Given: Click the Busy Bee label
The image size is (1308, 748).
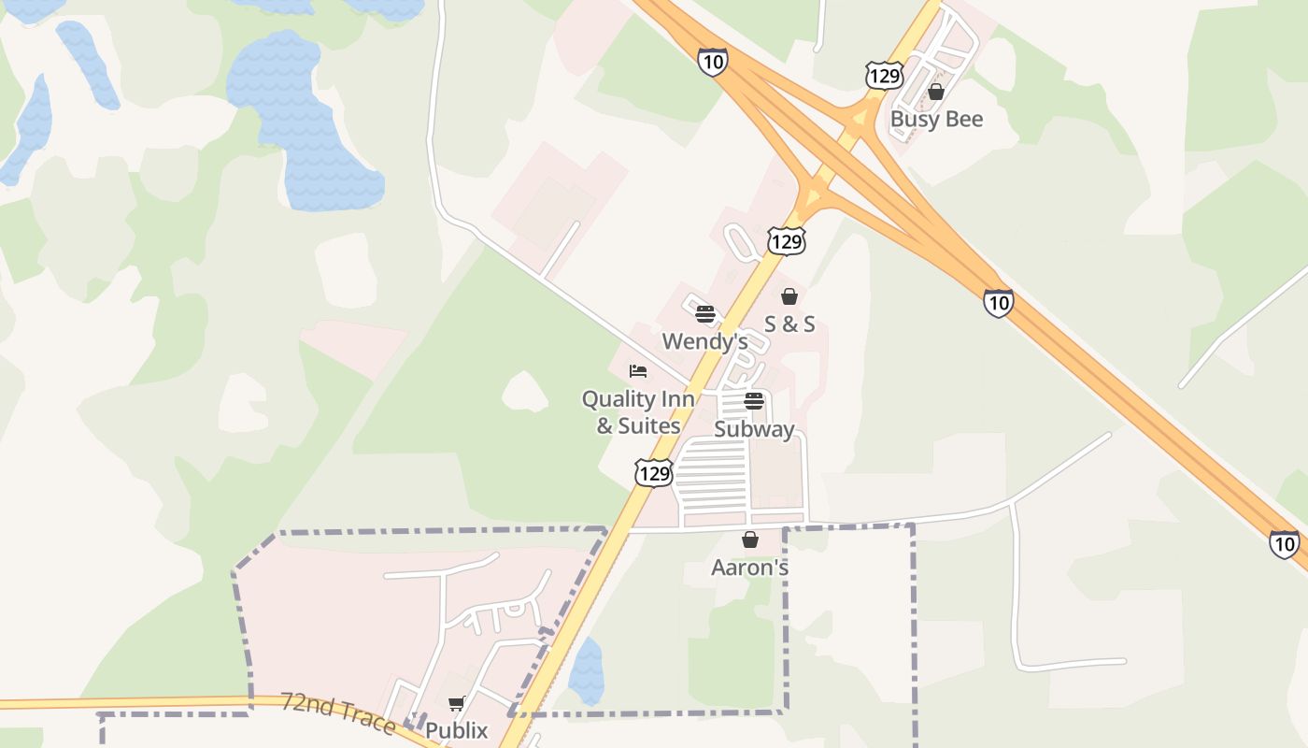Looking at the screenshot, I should click(x=936, y=120).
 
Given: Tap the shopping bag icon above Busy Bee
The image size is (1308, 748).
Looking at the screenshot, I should click(x=935, y=92).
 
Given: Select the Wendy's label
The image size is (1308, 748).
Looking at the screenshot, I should click(x=705, y=341).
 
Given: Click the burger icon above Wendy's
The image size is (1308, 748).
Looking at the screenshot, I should click(x=705, y=313).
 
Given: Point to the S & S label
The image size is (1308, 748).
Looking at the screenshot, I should click(x=789, y=324).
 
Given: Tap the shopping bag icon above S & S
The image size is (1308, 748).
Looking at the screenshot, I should click(x=789, y=296).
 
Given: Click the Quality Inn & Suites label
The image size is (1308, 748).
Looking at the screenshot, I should click(x=638, y=412).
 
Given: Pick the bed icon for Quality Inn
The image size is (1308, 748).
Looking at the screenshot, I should click(x=638, y=371).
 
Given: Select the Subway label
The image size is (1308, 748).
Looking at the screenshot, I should click(x=754, y=430).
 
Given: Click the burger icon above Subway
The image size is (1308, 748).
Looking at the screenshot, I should click(x=754, y=401).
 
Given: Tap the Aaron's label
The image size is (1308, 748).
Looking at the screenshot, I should click(x=749, y=568).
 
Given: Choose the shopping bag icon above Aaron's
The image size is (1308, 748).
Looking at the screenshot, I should click(x=749, y=539).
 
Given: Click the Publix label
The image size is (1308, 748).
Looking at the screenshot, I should click(x=457, y=730).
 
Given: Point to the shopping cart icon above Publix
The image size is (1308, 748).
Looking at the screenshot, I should click(x=456, y=703).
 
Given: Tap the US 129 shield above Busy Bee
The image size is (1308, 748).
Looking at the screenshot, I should click(x=883, y=75).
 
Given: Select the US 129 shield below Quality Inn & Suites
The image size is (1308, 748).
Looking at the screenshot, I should click(x=654, y=473).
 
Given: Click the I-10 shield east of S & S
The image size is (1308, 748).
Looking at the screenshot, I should click(x=998, y=302).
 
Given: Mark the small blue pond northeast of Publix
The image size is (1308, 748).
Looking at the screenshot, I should click(x=586, y=670).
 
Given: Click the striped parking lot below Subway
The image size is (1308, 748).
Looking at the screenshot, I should click(x=711, y=482).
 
